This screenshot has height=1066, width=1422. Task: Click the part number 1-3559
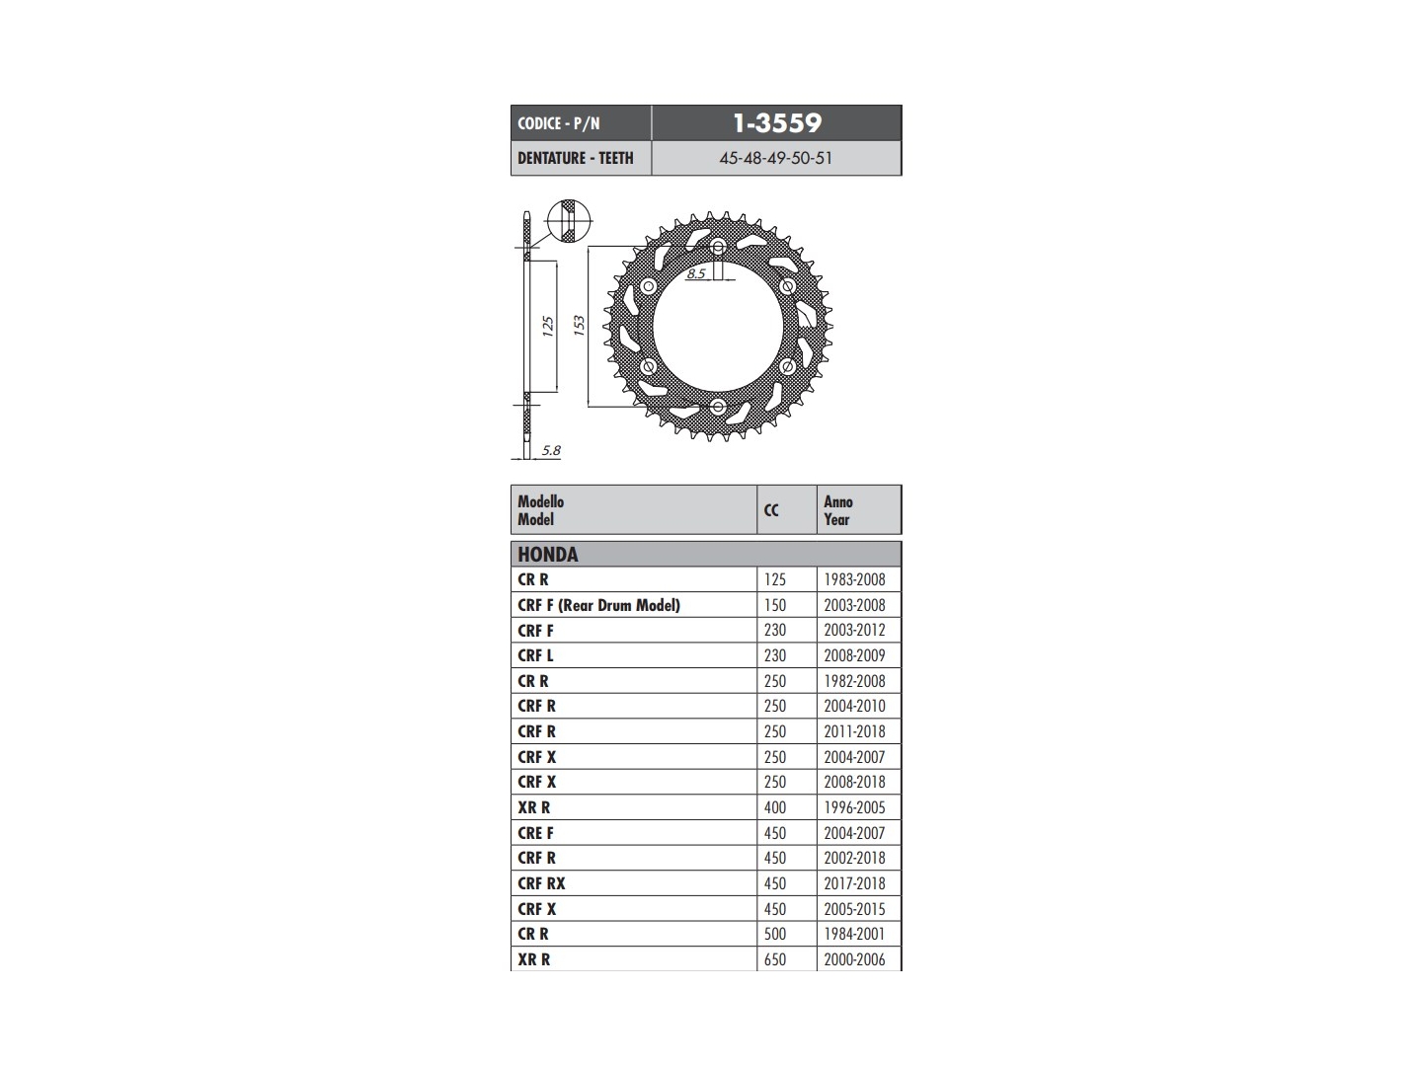(x=777, y=123)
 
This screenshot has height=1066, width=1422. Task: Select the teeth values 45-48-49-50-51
(x=775, y=158)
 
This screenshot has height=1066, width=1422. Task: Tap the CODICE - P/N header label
(x=559, y=123)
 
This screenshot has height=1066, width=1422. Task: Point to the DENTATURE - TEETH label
(x=576, y=158)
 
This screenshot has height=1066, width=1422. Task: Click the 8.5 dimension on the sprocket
(x=696, y=273)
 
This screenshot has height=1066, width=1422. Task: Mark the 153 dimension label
(x=579, y=325)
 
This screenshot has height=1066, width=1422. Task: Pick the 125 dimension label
(x=547, y=326)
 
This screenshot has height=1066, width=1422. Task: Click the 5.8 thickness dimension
(x=551, y=450)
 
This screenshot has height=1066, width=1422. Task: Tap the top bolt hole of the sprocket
(x=718, y=246)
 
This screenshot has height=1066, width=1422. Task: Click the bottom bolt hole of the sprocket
(x=718, y=407)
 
